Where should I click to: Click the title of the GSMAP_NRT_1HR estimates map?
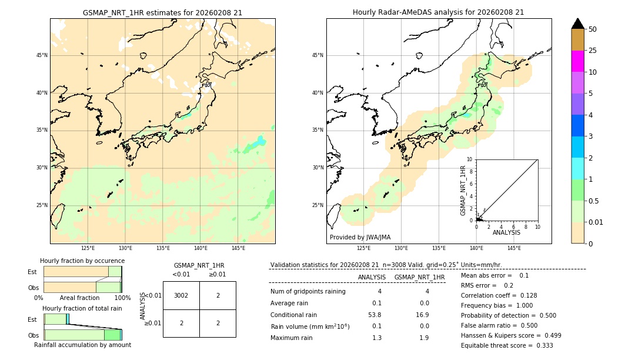pyautogui.click(x=162, y=12)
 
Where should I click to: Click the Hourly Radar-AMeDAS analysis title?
pyautogui.click(x=438, y=12)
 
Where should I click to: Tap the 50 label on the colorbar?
pyautogui.click(x=593, y=29)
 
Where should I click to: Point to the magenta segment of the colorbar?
pyautogui.click(x=577, y=61)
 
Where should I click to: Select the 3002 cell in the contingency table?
pyautogui.click(x=181, y=295)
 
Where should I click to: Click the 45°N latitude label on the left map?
pyautogui.click(x=42, y=55)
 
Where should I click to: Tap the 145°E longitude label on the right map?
pyautogui.click(x=514, y=248)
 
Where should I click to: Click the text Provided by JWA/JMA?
pyautogui.click(x=360, y=238)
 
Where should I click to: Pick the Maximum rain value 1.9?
pyautogui.click(x=423, y=338)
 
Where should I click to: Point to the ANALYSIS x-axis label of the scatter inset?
pyautogui.click(x=506, y=232)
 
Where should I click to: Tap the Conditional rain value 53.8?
pyautogui.click(x=375, y=315)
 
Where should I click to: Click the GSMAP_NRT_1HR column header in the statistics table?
pyautogui.click(x=419, y=277)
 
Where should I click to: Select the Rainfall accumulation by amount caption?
pyautogui.click(x=82, y=345)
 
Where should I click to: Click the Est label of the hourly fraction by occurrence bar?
pyautogui.click(x=32, y=272)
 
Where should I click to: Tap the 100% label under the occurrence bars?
pyautogui.click(x=122, y=298)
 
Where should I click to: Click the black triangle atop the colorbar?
pyautogui.click(x=578, y=24)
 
